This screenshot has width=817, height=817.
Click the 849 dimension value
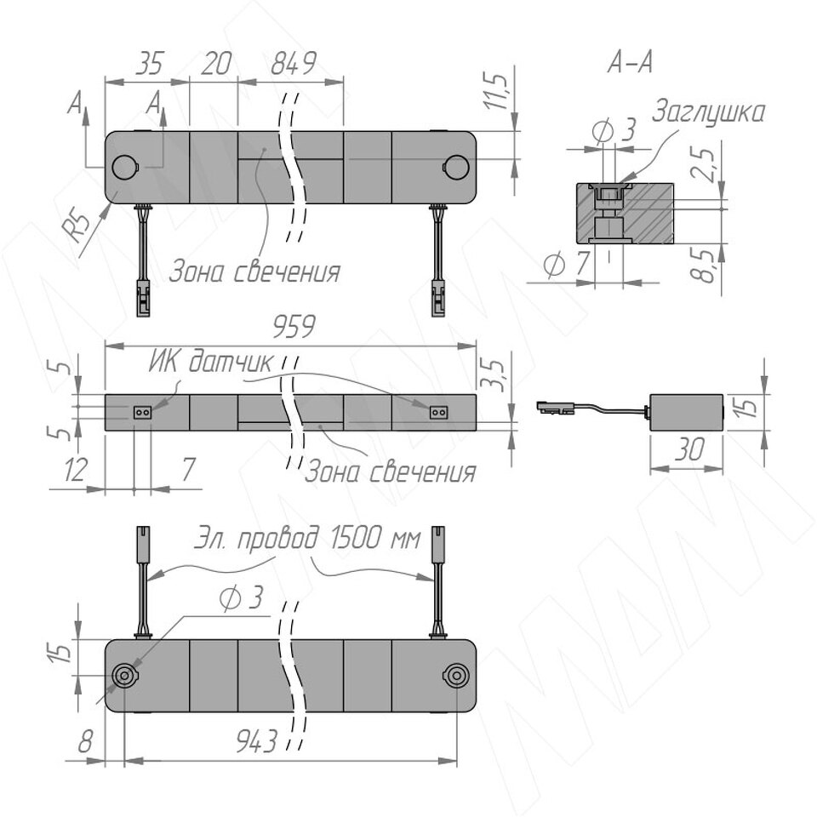pos(294,64)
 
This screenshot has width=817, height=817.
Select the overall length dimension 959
pos(294,327)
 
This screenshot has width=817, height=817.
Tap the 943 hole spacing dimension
pos(256,740)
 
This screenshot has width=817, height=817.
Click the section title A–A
pos(630,63)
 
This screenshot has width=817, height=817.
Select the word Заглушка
pos(708,112)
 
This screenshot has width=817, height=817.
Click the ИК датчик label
pos(210,362)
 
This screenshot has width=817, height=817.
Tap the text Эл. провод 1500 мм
pos(307,538)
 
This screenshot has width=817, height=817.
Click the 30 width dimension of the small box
pos(689,449)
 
